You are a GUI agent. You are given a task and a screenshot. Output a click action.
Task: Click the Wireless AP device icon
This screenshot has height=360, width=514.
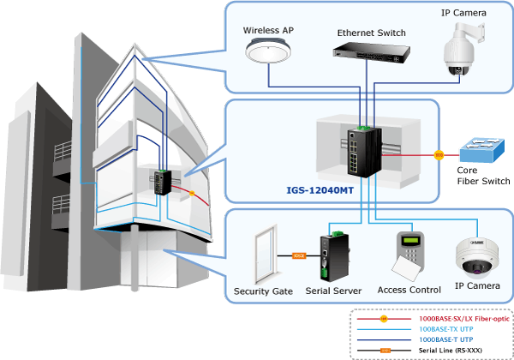pyautogui.click(x=268, y=51)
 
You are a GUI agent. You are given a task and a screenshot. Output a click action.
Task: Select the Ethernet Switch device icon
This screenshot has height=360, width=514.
pyautogui.click(x=372, y=52)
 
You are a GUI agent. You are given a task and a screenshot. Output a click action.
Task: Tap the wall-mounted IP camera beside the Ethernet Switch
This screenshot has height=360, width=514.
pyautogui.click(x=463, y=49)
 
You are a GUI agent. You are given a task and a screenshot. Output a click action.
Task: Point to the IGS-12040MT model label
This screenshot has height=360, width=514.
pyautogui.click(x=320, y=190)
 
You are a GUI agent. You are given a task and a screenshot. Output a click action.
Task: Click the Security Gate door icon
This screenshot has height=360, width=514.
pyautogui.click(x=266, y=255)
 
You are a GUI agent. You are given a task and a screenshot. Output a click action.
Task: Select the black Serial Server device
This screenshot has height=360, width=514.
pyautogui.click(x=334, y=257)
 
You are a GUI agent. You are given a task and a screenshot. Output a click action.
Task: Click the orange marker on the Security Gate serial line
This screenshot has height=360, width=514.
pyautogui.click(x=299, y=255)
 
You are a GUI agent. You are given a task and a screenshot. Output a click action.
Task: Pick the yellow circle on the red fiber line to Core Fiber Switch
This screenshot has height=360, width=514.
pyautogui.click(x=439, y=155)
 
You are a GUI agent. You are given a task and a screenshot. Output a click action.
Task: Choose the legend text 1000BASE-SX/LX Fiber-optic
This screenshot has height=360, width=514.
pyautogui.click(x=464, y=319)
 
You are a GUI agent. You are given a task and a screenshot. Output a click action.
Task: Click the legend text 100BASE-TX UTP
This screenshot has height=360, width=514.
pyautogui.click(x=446, y=329)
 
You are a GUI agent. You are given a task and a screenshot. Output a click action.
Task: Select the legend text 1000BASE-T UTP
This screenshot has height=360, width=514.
pyautogui.click(x=446, y=339)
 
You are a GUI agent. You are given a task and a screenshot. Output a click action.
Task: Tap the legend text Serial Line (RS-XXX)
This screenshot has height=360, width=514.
pyautogui.click(x=451, y=351)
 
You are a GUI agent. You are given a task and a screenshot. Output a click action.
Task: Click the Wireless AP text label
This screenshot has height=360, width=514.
pyautogui.click(x=268, y=31)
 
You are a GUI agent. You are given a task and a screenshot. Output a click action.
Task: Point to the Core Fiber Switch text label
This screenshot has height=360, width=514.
pyautogui.click(x=483, y=176)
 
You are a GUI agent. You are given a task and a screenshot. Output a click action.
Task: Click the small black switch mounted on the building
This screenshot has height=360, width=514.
pyautogui.click(x=163, y=183)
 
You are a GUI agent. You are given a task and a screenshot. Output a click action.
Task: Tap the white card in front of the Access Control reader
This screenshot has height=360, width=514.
pyautogui.click(x=406, y=268)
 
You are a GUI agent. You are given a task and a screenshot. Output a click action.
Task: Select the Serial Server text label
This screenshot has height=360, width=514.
pyautogui.click(x=333, y=291)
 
